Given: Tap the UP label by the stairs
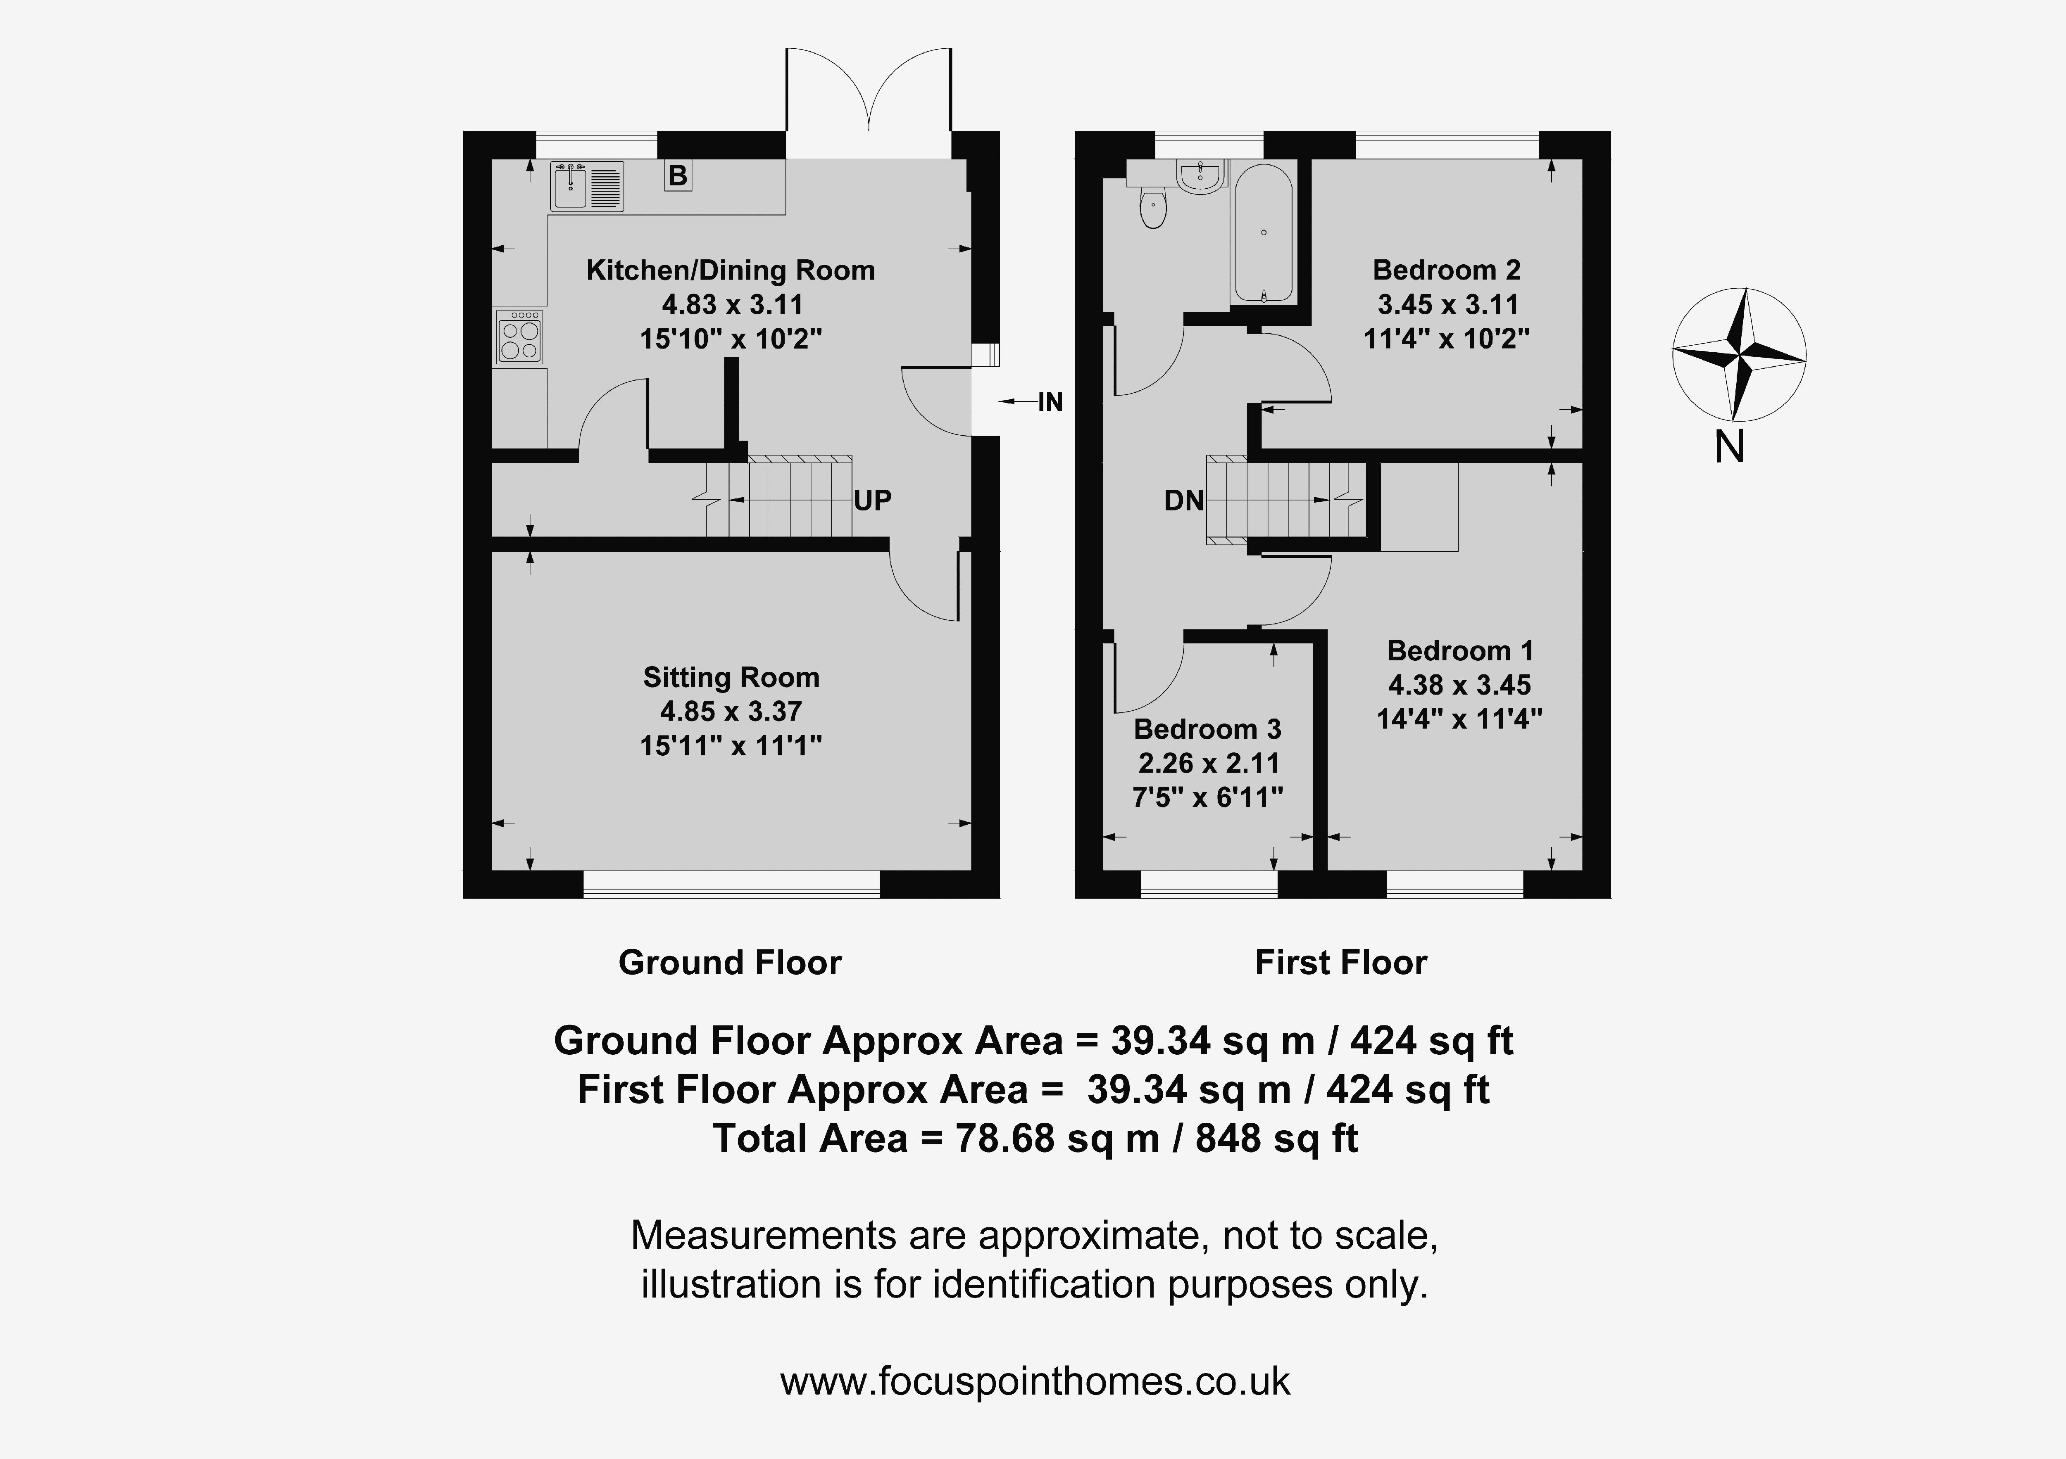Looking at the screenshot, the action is point(872,500).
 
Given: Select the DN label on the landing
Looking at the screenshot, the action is point(1183,500).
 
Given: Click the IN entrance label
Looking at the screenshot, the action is point(1050,402).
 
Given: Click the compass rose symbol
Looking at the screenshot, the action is point(1738,354).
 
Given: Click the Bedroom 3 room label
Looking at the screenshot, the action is point(1207,728).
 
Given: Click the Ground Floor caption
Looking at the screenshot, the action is point(730,963).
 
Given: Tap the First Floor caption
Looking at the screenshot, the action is point(1341,963).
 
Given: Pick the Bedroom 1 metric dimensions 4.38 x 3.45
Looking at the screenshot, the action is point(1459,686).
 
